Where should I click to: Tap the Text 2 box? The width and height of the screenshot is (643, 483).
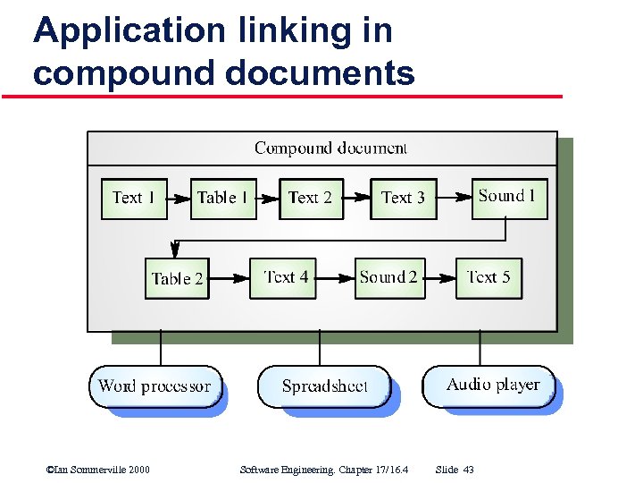(311, 198)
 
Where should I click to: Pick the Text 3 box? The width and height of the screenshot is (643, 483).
(403, 198)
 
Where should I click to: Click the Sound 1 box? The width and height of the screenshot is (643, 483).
(508, 197)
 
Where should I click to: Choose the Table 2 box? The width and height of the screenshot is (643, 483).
(177, 278)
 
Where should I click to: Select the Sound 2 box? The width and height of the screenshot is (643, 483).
(390, 277)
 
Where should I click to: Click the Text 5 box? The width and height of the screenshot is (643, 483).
(489, 277)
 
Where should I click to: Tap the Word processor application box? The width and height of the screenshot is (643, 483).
(155, 386)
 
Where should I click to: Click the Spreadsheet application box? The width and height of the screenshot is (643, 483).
(324, 386)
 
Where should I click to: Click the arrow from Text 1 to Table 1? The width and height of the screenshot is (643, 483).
(179, 198)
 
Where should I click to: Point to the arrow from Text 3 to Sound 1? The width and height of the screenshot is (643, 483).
(453, 198)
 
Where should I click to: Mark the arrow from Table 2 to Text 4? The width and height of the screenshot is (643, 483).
(230, 277)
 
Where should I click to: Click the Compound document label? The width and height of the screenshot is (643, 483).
(330, 148)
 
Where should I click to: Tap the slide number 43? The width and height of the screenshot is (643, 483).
(468, 470)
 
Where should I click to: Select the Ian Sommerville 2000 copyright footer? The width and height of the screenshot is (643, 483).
(97, 470)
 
